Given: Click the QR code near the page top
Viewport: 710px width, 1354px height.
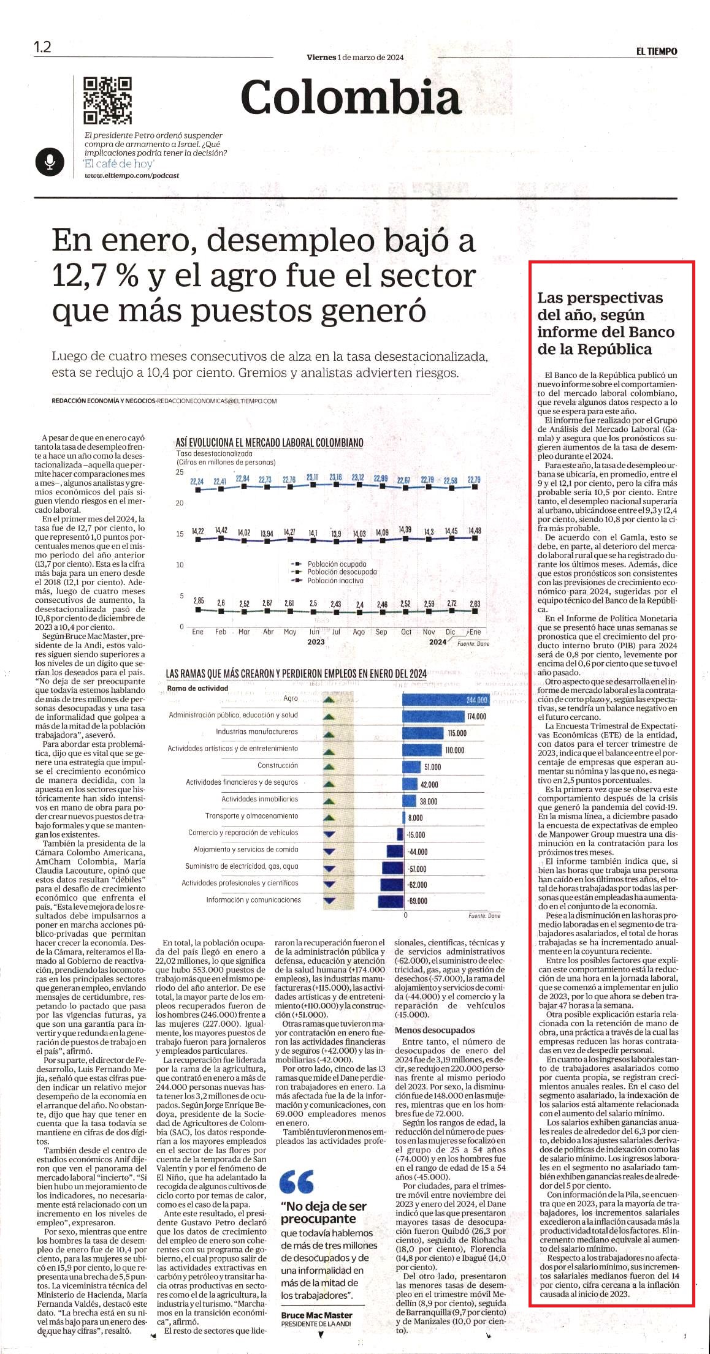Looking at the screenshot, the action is pyautogui.click(x=108, y=100).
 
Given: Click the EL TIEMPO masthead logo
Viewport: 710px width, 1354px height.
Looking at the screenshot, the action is pyautogui.click(x=656, y=51).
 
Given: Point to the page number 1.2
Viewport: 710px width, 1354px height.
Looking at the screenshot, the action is pyautogui.click(x=42, y=47).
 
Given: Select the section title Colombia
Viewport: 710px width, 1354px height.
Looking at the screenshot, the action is pyautogui.click(x=350, y=97).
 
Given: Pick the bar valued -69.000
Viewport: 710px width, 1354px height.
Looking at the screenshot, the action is pyautogui.click(x=390, y=901).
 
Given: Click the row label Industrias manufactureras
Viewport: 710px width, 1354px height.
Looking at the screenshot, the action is pyautogui.click(x=257, y=732).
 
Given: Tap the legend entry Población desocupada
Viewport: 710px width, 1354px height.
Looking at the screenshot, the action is pyautogui.click(x=342, y=572).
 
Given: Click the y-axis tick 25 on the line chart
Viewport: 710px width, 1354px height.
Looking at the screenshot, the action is pyautogui.click(x=180, y=472).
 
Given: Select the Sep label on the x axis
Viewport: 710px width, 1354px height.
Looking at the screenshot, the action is pyautogui.click(x=381, y=632).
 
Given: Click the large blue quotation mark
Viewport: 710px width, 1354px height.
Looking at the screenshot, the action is pyautogui.click(x=297, y=1181).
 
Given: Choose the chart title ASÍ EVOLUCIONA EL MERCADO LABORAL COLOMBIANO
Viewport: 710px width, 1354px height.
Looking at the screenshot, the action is pyautogui.click(x=269, y=442).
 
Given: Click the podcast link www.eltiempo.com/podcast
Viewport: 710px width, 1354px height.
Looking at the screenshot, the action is pyautogui.click(x=132, y=175).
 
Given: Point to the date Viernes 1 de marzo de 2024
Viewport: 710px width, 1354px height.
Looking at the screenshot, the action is pyautogui.click(x=355, y=57).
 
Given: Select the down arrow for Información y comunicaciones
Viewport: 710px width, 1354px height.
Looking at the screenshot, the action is pyautogui.click(x=329, y=901).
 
